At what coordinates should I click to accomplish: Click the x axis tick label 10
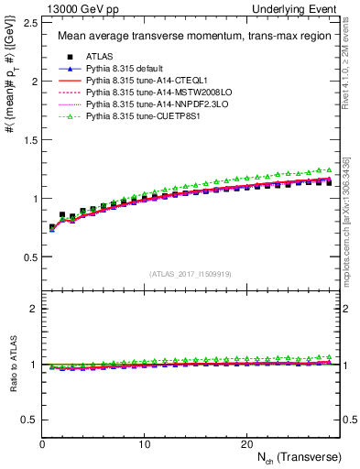[x=144, y=444]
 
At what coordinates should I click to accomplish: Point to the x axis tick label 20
[x=245, y=444]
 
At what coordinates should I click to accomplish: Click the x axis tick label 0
[x=43, y=444]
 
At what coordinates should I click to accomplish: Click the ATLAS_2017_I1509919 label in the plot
[x=191, y=273]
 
